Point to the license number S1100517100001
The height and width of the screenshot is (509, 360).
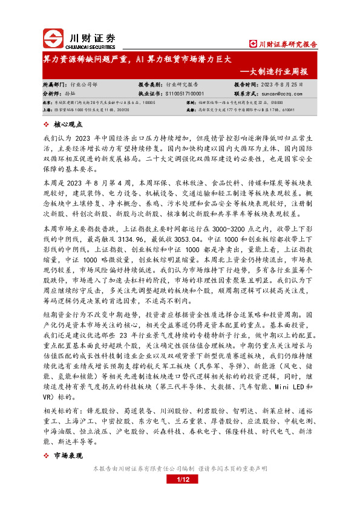point(184,94)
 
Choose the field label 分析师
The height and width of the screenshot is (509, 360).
point(53,94)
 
